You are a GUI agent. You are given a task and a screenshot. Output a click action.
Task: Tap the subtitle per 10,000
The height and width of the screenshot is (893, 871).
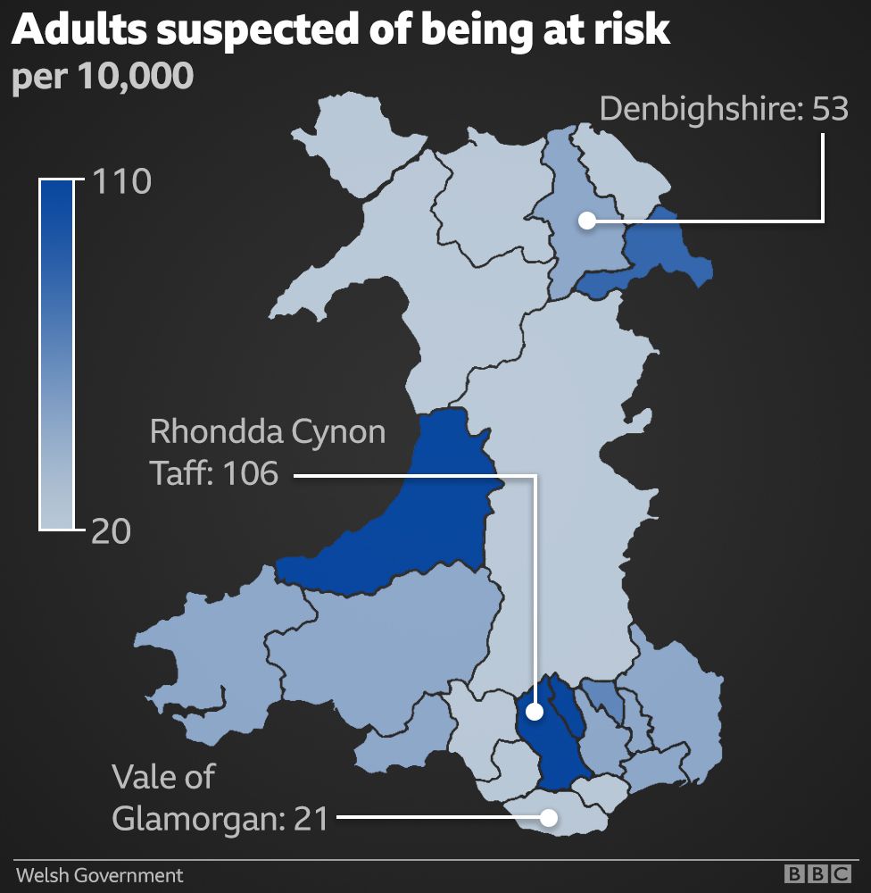[103, 77]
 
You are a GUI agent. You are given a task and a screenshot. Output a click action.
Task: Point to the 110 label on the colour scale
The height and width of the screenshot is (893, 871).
[121, 182]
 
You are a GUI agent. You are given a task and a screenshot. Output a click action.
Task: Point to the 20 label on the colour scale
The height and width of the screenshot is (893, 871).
[111, 531]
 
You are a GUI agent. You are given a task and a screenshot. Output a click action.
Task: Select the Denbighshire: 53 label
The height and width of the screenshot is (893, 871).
[723, 110]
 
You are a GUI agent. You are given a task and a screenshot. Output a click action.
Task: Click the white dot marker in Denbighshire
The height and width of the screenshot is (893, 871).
[586, 220]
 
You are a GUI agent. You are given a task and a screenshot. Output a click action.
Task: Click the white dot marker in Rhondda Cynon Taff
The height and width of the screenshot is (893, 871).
[534, 712]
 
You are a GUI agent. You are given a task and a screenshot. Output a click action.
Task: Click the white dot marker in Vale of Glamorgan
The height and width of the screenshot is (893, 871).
[550, 816]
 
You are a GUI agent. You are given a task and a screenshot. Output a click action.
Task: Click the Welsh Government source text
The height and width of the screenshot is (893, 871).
[99, 875]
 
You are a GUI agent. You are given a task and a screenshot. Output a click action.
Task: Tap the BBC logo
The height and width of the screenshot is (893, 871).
[817, 874]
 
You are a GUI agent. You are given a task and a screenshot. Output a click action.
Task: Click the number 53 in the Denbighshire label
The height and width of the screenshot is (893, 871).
[829, 110]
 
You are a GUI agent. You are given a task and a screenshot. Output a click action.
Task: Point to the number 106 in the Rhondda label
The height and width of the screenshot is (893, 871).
[249, 472]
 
